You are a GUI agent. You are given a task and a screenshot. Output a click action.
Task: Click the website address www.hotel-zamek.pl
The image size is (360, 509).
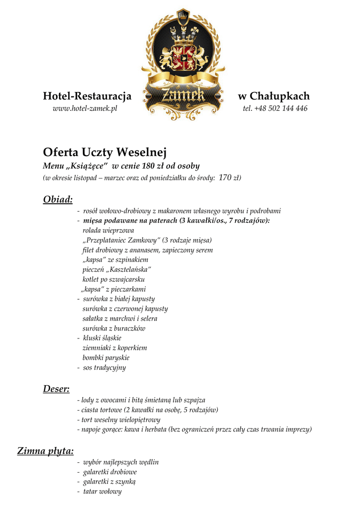(85, 109)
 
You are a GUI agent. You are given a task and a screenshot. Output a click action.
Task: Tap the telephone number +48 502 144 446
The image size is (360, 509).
(275, 109)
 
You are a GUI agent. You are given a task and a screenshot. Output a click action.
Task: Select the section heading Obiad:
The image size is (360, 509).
(58, 199)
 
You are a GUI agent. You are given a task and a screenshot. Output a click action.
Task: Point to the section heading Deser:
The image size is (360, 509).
(56, 389)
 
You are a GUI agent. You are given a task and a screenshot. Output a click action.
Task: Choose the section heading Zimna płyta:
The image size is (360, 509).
(45, 451)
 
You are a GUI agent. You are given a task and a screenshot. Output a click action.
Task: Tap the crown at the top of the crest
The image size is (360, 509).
(183, 17)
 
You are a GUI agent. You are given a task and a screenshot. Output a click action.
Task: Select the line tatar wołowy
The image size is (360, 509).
(102, 492)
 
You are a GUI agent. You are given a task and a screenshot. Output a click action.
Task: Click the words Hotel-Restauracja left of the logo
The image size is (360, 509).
(87, 96)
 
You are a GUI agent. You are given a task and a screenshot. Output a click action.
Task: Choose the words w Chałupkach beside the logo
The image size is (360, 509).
(273, 96)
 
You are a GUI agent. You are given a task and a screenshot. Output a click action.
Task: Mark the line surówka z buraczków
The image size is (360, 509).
(114, 328)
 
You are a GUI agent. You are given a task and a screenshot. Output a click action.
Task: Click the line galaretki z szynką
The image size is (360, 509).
(109, 482)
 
